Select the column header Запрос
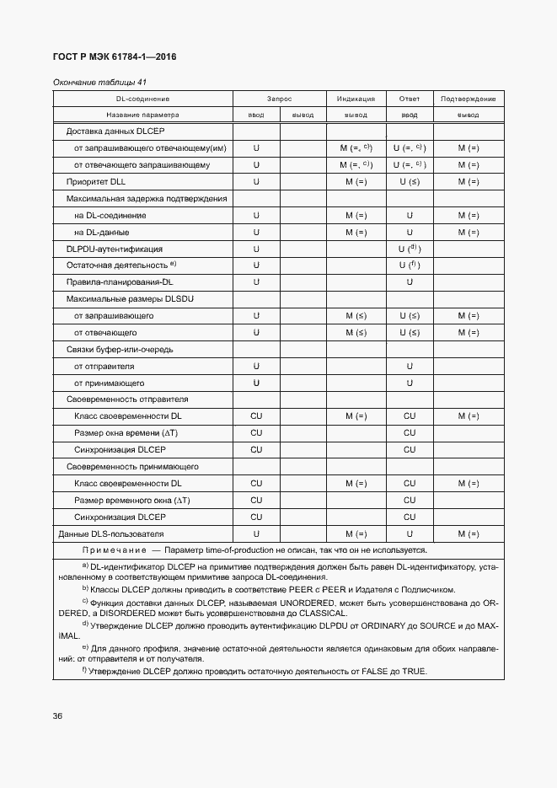tap(279, 99)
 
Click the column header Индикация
tap(356, 99)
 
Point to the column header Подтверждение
tap(468, 99)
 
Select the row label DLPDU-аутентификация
tap(114, 249)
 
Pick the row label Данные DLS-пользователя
tap(110, 533)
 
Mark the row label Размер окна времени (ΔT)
tap(126, 432)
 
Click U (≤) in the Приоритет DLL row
tap(410, 181)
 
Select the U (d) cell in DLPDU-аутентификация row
tap(410, 249)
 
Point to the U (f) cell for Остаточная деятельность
tap(410, 265)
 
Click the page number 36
tap(57, 716)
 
